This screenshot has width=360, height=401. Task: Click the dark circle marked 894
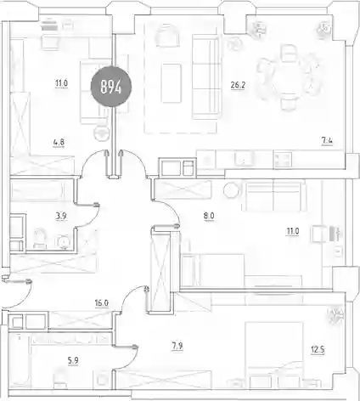coord(111,87)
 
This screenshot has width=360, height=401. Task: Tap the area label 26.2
coord(238,85)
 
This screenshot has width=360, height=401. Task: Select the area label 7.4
coord(327,141)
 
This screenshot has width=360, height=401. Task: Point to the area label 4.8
coord(59,142)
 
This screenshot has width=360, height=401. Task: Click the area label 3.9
coord(61,217)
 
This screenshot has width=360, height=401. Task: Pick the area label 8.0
coord(209,216)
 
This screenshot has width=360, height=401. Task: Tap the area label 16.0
coord(102,303)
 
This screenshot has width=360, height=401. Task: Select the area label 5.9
coord(73,361)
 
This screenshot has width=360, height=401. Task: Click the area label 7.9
coord(177,347)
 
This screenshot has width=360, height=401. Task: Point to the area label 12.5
coord(318,350)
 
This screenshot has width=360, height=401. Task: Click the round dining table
coord(290,77)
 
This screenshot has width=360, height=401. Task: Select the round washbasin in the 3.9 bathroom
coord(63,242)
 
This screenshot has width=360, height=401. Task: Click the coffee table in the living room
coord(171,83)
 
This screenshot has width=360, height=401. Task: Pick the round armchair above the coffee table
coord(167,36)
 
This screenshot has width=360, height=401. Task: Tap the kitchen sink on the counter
coord(241,160)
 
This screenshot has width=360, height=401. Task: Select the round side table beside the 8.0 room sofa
coord(231,190)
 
